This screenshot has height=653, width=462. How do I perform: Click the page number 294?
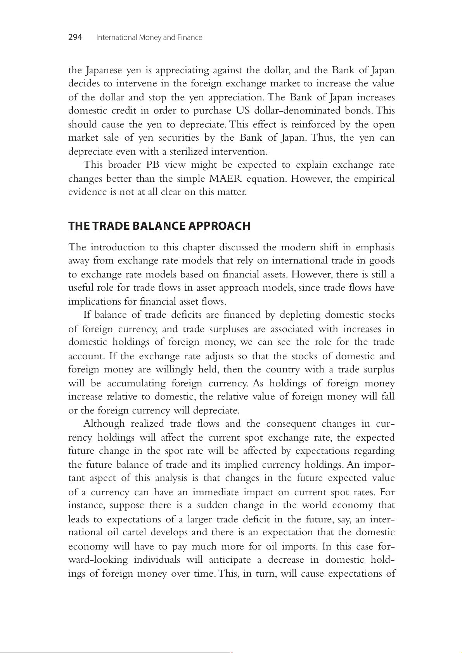pyautogui.click(x=75, y=37)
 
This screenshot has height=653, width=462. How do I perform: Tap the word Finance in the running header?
pyautogui.click(x=190, y=38)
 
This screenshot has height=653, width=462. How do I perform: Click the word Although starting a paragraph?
pyautogui.click(x=104, y=424)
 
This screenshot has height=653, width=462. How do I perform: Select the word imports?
pyautogui.click(x=295, y=546)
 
